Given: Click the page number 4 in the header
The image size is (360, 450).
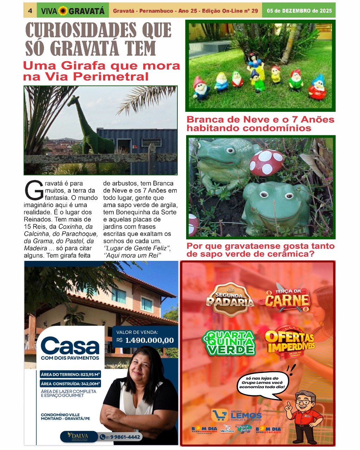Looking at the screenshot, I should click(30, 11).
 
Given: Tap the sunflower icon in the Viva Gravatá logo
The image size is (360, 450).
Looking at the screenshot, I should click(63, 11).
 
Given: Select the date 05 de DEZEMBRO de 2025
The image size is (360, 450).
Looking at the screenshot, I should click(299, 11).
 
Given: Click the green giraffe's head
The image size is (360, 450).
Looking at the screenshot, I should click(74, 101).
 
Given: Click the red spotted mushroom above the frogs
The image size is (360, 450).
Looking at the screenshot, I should click(266, 162).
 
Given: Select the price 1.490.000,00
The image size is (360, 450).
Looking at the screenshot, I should click(150, 340).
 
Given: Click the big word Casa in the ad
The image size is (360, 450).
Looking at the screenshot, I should click(70, 346).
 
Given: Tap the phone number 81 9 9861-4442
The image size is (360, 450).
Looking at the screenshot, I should click(120, 437).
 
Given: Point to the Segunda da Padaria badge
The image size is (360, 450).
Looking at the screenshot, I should click(230, 299).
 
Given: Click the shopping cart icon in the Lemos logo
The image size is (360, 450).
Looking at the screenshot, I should click(220, 415).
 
